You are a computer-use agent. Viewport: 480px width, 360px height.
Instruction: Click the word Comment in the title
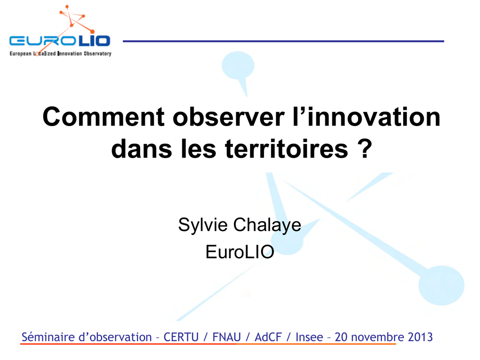coord(104,117)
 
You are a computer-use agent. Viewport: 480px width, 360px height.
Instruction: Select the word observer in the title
coord(229,117)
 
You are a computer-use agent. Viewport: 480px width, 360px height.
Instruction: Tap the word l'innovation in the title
coord(367,117)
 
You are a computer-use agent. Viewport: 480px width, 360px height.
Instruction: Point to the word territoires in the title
coord(286,149)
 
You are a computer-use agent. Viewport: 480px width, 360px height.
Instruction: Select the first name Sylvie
coord(202,225)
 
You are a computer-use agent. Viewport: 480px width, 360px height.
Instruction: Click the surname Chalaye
coord(267,225)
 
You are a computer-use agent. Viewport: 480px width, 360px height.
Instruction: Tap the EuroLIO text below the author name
coord(240,252)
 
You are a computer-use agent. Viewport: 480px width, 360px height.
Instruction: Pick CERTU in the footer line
coord(181,337)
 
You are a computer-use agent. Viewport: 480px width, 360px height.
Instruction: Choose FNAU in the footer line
coord(226,337)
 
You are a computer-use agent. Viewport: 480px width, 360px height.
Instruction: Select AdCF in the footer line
coord(268,337)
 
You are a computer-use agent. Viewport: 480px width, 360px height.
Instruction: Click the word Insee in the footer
coord(309,337)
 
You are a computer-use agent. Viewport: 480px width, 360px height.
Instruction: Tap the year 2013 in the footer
coord(420,337)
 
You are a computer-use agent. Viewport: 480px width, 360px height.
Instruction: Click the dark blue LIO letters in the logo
coord(94,41)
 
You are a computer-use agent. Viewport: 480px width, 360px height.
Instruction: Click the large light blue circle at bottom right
coord(441,285)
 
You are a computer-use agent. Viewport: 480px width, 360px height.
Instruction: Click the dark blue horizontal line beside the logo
coord(284,41)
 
